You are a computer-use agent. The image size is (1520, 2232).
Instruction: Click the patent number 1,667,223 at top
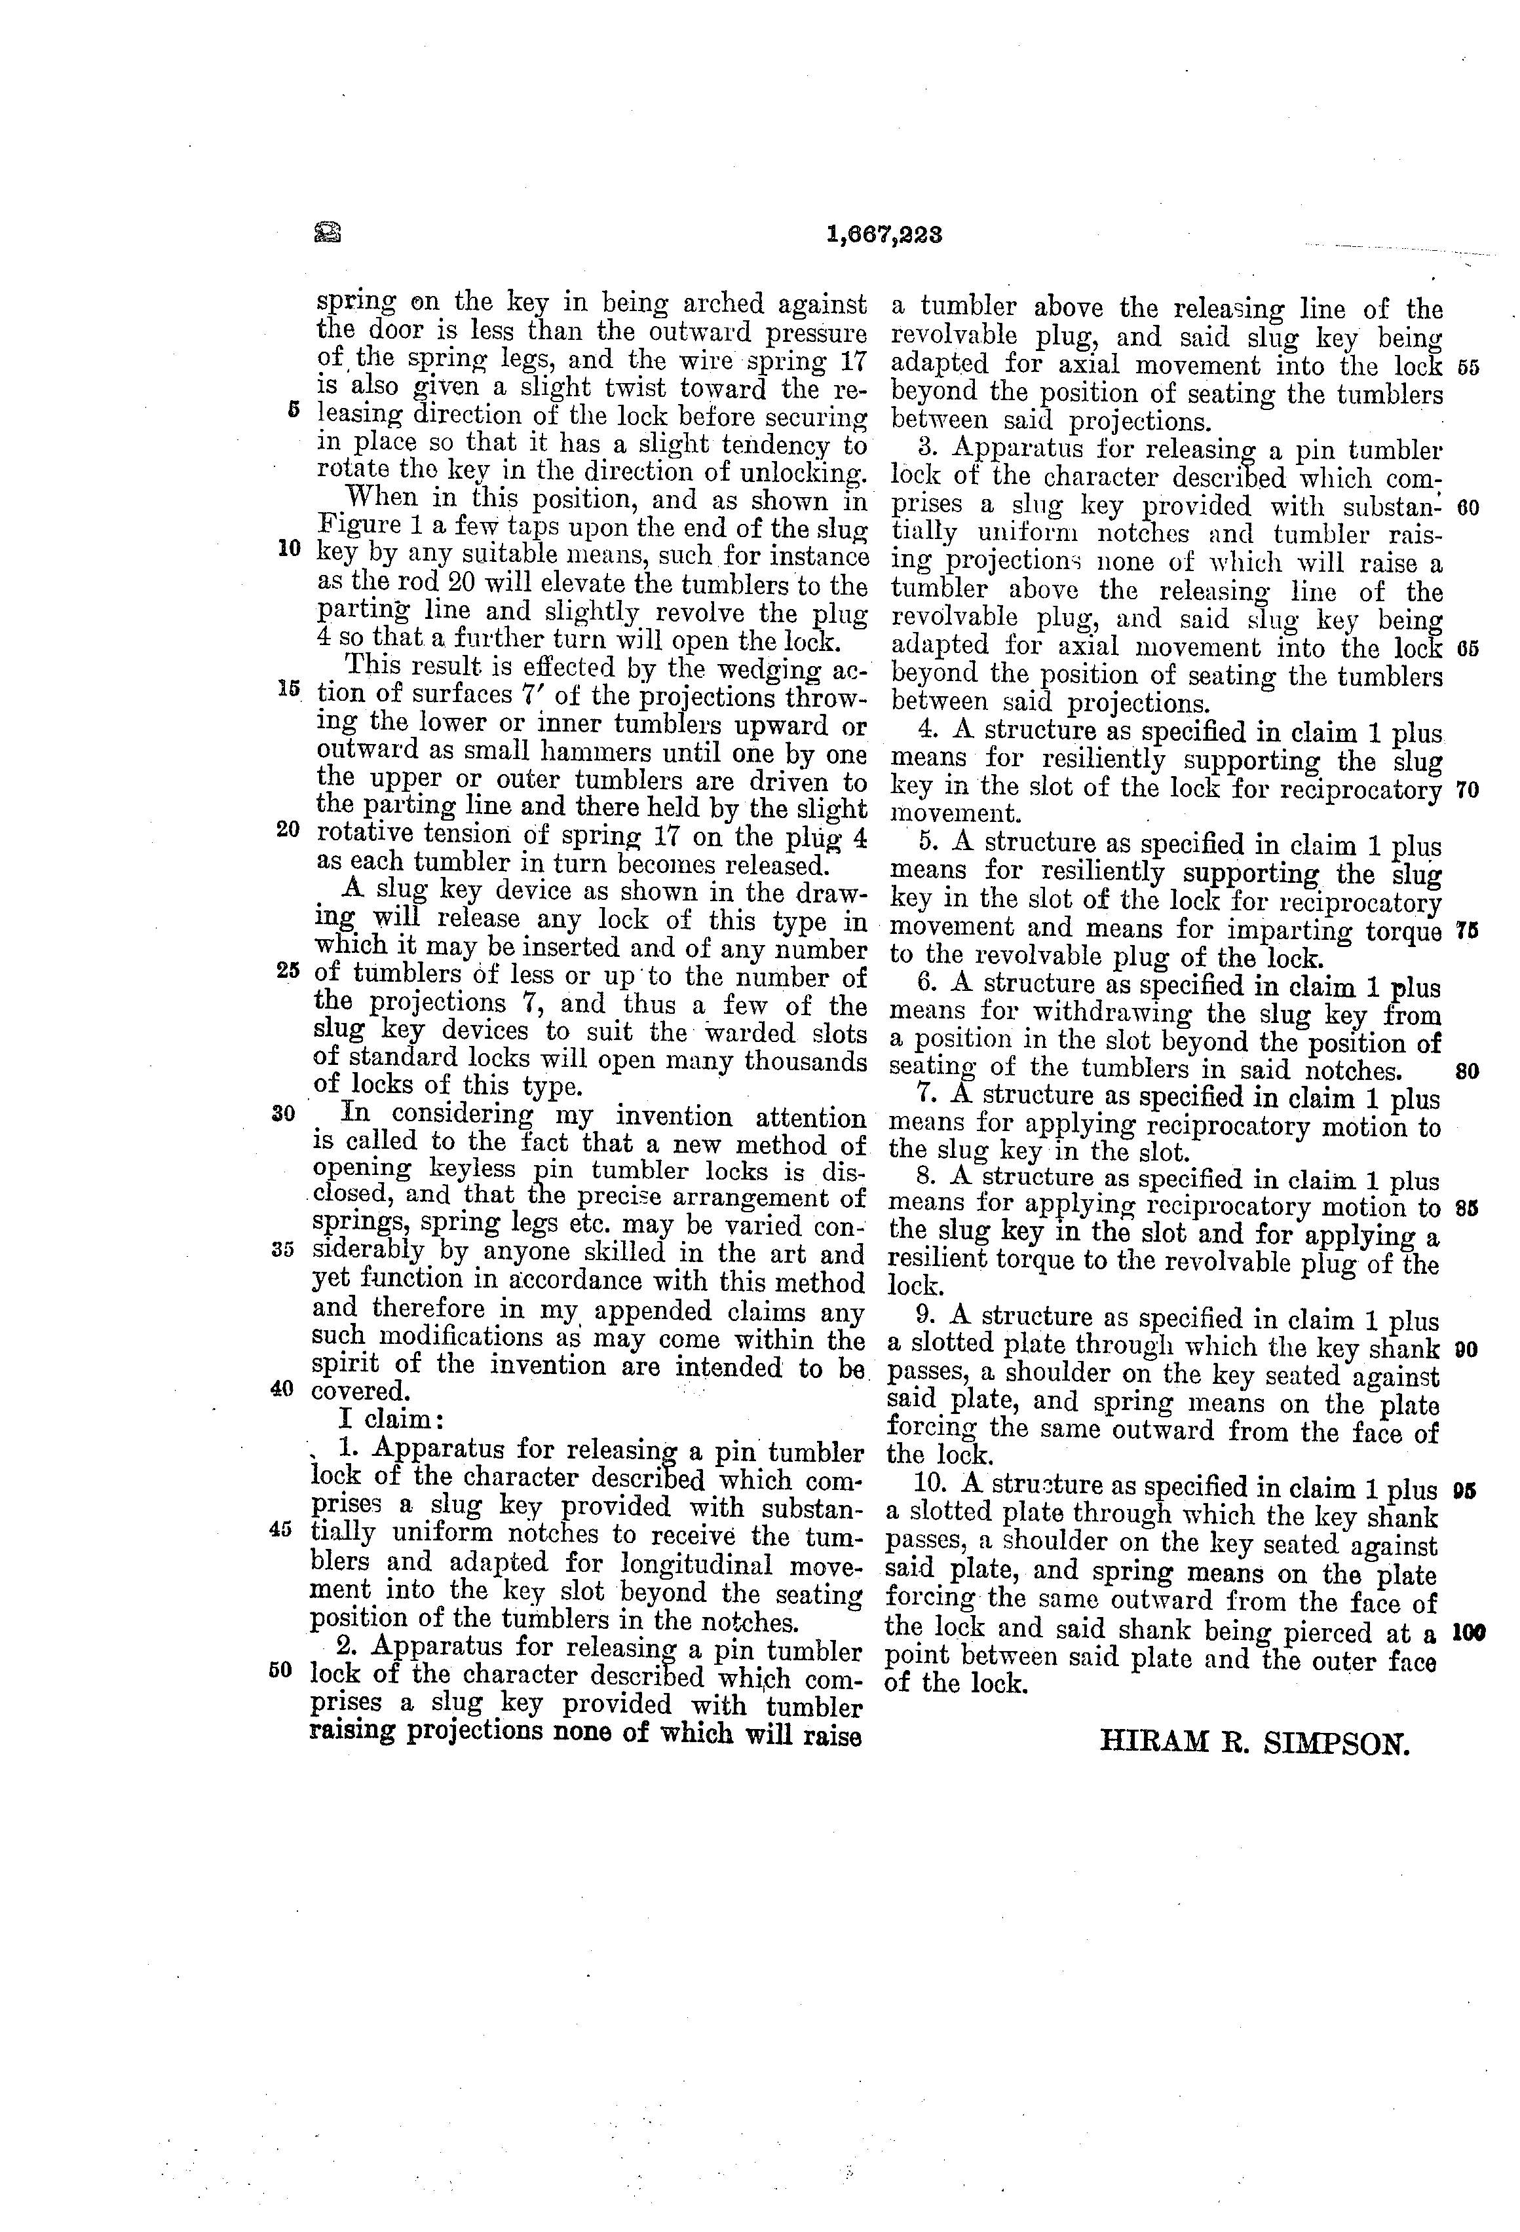click(884, 234)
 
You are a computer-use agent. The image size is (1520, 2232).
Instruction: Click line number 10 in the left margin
click(289, 548)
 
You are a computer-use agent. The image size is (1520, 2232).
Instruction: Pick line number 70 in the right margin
click(1467, 790)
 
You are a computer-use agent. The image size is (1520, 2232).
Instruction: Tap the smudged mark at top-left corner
click(328, 231)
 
